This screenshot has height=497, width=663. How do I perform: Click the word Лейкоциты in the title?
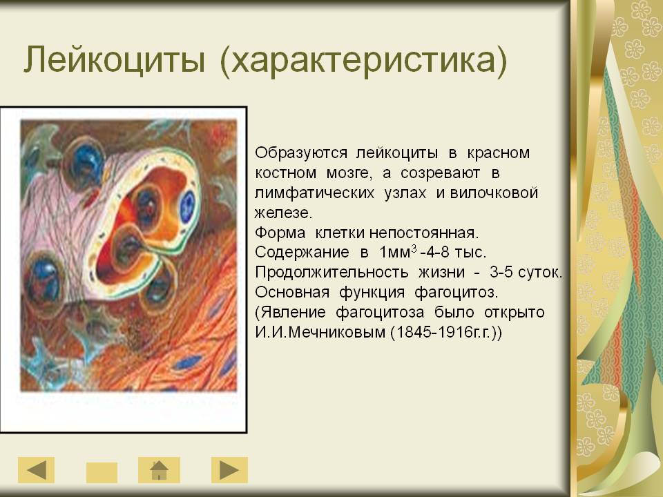(x=115, y=59)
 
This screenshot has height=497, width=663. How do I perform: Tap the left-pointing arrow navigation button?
(x=36, y=469)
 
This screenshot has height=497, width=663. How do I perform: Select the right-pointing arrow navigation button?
(x=229, y=469)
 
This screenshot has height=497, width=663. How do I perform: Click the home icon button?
(x=159, y=469)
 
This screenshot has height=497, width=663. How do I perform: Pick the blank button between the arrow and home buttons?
(x=102, y=472)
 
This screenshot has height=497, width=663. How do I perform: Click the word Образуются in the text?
(x=301, y=153)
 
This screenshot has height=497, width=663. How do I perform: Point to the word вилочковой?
(x=494, y=193)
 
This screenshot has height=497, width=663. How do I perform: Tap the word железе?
(x=283, y=213)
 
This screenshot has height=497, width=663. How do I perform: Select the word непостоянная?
(x=423, y=233)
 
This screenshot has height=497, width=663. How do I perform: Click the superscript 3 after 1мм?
(x=414, y=248)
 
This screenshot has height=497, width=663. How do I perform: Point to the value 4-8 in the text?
(x=438, y=253)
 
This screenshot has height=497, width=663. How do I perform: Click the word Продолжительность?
(x=331, y=272)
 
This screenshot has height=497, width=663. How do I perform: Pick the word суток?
(x=540, y=272)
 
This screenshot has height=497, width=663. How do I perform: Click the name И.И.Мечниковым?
(x=320, y=332)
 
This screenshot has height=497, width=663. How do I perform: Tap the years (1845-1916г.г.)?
(x=446, y=332)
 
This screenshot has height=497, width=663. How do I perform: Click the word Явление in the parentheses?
(x=290, y=312)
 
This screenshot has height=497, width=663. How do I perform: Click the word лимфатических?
(x=314, y=193)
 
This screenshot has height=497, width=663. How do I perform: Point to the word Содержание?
(x=302, y=253)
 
